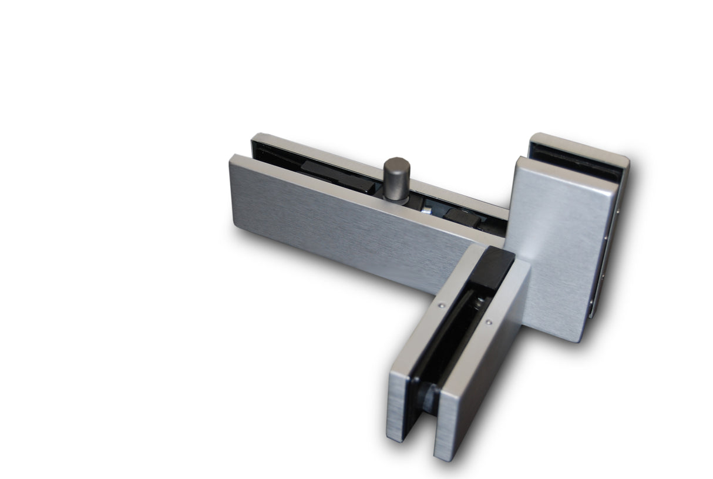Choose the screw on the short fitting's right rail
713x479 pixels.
tap(488, 322)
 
